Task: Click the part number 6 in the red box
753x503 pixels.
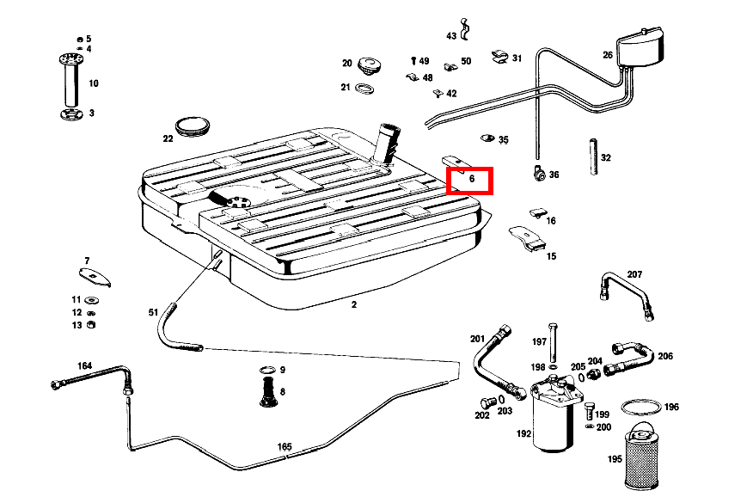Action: point(472,178)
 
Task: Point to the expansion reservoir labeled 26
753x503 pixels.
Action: point(640,47)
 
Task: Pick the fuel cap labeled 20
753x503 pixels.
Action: point(370,65)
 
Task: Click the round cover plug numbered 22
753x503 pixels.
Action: point(193,126)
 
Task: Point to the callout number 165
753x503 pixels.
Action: point(285,446)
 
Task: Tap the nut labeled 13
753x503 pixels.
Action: point(93,324)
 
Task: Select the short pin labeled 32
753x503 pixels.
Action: point(592,156)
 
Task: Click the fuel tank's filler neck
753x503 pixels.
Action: point(388,143)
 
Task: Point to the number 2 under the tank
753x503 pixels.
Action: point(353,304)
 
